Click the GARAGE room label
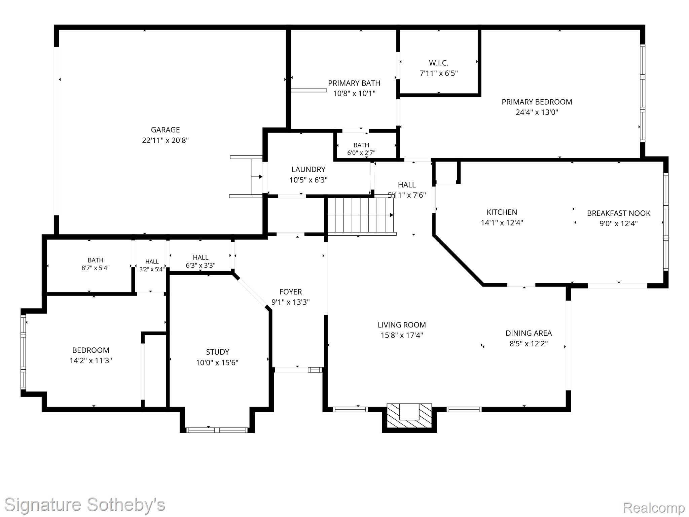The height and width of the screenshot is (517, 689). (x=165, y=130)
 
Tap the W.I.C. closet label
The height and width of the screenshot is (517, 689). (x=438, y=63)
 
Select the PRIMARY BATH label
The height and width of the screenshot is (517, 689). (x=354, y=83)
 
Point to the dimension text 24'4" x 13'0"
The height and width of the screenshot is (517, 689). (x=537, y=112)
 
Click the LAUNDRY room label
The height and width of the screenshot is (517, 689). (x=309, y=169)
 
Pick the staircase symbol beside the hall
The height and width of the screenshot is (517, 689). (x=360, y=215)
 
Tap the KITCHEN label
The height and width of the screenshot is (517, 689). (x=502, y=212)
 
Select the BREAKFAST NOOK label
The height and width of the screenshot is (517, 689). (x=619, y=213)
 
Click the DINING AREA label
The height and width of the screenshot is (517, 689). (x=529, y=333)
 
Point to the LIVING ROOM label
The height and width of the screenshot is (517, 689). (x=402, y=325)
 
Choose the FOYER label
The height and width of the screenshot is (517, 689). (x=291, y=292)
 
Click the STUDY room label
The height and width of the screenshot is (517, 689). (x=218, y=352)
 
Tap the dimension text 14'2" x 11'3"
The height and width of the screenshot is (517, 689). (x=91, y=360)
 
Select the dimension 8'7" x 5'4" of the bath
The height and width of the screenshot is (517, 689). (x=96, y=268)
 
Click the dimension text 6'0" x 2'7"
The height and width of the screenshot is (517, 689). (x=361, y=153)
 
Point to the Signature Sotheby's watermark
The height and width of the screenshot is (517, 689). (x=84, y=505)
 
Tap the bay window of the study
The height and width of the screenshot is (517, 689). (x=217, y=430)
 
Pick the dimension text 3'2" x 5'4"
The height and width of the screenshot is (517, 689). (x=152, y=269)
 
